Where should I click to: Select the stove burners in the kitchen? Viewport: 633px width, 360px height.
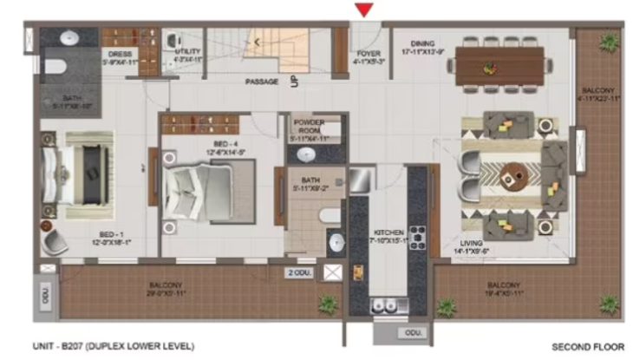[x=417, y=237]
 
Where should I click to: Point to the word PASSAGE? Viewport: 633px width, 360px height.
[x=261, y=82]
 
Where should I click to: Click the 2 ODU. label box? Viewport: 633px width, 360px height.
[x=300, y=273]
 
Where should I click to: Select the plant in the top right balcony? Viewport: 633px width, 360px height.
[x=610, y=42]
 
